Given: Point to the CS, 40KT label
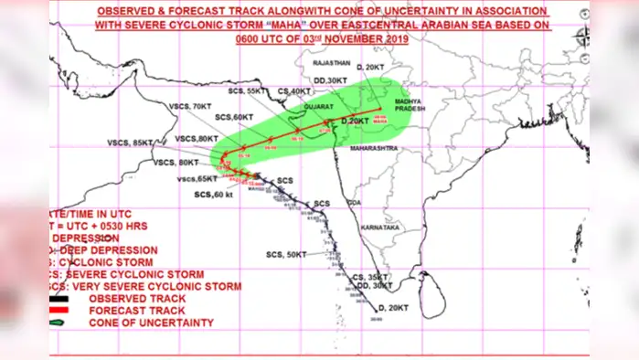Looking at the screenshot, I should (295, 90).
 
